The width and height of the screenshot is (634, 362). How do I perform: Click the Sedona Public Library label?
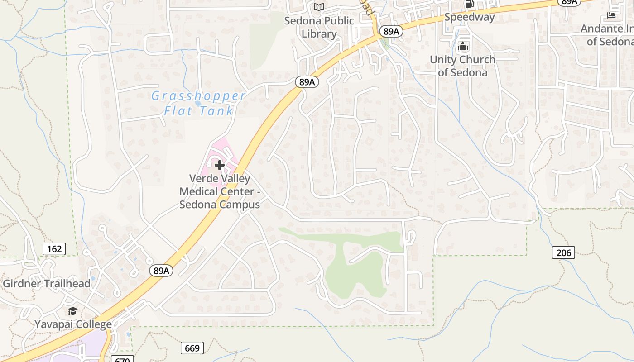(319, 27)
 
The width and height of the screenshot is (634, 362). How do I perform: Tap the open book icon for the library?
(319, 7)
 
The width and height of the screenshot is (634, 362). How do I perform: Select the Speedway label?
(469, 17)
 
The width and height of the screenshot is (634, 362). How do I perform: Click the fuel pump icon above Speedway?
(469, 4)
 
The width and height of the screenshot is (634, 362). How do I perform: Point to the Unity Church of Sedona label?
(462, 66)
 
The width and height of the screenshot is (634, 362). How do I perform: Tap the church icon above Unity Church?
(463, 46)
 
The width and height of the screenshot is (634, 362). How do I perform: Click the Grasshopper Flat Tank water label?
(198, 103)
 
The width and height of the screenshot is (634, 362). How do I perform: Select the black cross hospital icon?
(220, 165)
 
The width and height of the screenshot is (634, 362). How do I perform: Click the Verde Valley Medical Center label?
(220, 191)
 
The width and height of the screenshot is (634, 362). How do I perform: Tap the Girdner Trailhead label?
(47, 284)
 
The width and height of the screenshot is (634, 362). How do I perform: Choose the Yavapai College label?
(73, 324)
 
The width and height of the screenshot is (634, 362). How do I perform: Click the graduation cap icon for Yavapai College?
(72, 311)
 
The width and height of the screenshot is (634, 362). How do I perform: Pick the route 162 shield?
(54, 248)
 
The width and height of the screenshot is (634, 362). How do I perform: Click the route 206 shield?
(563, 252)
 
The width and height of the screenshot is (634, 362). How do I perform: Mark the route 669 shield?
(192, 348)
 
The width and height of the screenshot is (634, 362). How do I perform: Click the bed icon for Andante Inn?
(611, 16)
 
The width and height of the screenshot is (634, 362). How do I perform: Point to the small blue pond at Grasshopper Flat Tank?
(198, 103)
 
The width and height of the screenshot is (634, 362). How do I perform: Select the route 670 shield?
(122, 359)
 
